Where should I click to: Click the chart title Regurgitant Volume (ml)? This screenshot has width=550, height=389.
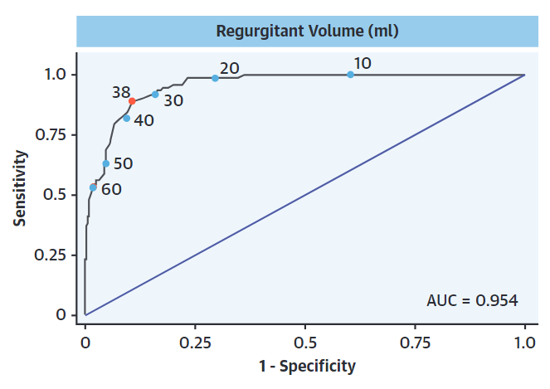[308, 32]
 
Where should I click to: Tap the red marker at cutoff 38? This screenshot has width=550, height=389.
[132, 101]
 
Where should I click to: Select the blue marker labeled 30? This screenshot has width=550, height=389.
[155, 95]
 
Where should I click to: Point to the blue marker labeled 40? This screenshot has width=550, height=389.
[126, 118]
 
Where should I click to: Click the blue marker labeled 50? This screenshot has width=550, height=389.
[105, 163]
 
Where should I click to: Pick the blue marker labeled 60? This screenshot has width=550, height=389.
[93, 187]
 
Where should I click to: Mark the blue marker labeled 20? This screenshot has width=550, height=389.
[215, 78]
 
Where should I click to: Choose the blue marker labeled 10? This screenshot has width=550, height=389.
[350, 75]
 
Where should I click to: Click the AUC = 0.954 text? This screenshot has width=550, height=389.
[472, 299]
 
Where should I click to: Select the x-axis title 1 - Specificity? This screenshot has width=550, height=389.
[304, 366]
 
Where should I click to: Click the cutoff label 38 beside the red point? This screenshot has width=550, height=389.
[120, 92]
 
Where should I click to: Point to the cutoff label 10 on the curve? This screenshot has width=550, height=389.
[362, 64]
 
